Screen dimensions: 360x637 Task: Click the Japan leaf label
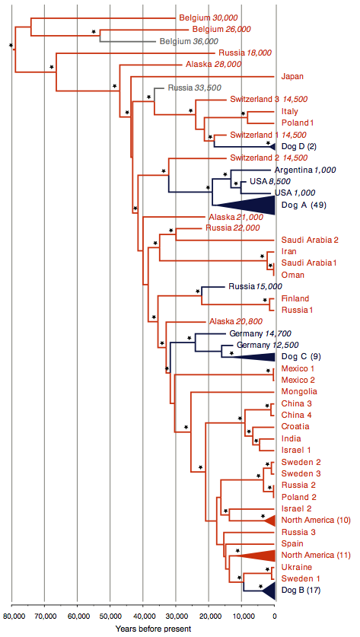click(290, 76)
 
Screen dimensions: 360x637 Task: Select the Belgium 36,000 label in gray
click(189, 41)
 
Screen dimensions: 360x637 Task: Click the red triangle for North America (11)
click(255, 555)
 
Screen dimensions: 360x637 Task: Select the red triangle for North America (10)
click(269, 520)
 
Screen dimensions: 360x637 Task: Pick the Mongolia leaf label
click(299, 392)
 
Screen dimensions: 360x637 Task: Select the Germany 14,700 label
click(260, 334)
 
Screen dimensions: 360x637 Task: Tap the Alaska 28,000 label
click(213, 65)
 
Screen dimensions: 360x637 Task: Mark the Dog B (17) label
click(301, 590)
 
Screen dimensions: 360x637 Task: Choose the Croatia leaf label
click(295, 426)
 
